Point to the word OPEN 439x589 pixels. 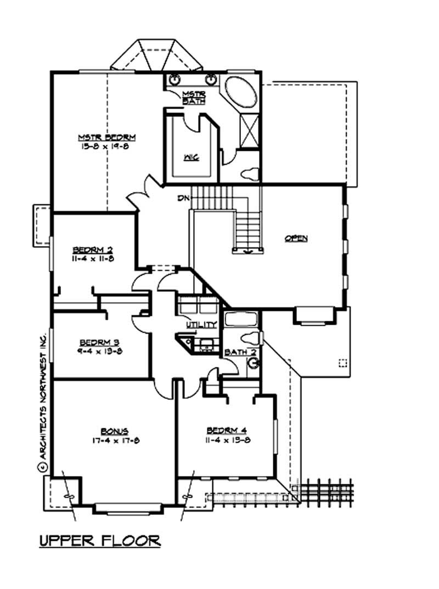[296, 238]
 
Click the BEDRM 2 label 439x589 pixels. [92, 250]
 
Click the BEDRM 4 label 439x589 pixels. [228, 431]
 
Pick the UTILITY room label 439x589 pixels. [201, 325]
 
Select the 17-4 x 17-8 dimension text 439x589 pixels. [115, 440]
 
